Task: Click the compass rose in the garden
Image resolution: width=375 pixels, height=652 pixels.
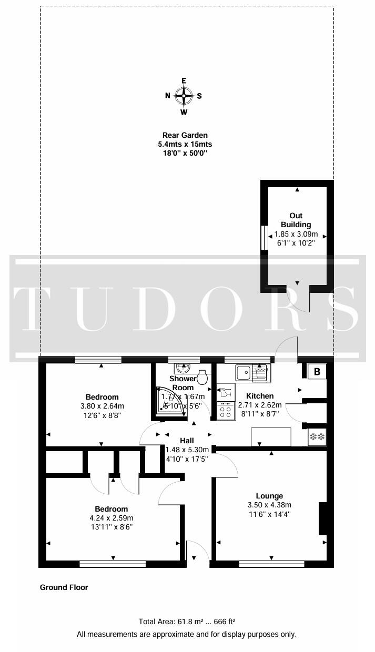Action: [x=184, y=96]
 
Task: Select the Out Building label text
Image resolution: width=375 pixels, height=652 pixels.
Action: [x=296, y=220]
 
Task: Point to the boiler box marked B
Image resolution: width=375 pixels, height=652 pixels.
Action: [x=317, y=372]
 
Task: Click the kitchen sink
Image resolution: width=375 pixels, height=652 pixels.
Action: [x=243, y=373]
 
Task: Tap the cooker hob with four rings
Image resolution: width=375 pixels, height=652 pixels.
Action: [x=226, y=411]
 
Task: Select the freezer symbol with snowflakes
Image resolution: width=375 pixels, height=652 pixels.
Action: [x=317, y=436]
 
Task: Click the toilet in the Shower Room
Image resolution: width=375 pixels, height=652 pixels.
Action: [x=203, y=378]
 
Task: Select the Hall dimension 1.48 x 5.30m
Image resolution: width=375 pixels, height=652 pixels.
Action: [x=187, y=450]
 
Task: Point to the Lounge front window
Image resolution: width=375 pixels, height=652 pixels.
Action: [x=271, y=563]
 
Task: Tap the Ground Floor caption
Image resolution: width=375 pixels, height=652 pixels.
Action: [x=64, y=587]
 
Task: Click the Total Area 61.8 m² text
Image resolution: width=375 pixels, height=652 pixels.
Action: [x=187, y=621]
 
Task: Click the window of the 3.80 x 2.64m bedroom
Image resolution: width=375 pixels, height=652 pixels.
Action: [x=98, y=360]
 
